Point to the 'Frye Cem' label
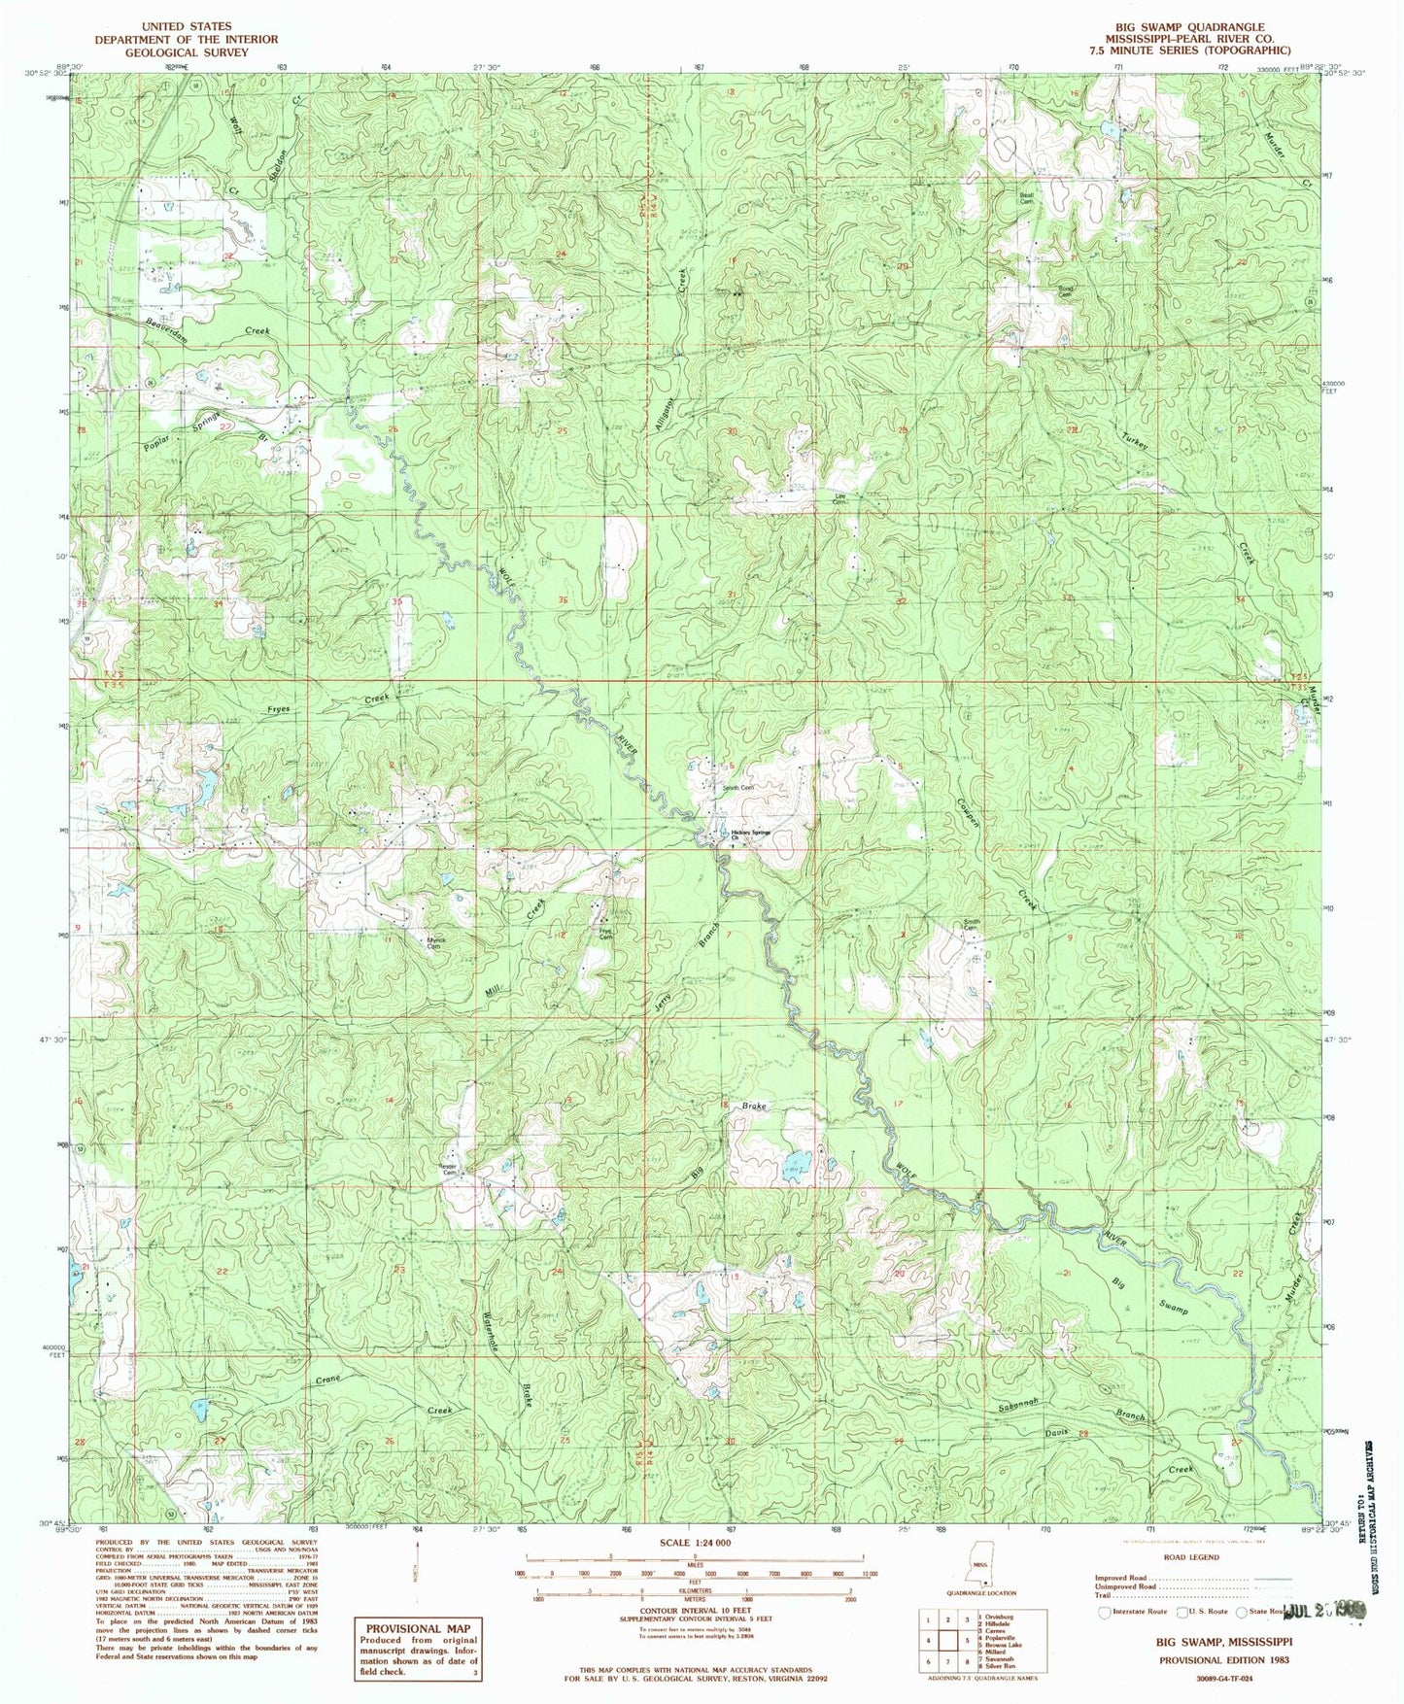pyautogui.click(x=605, y=935)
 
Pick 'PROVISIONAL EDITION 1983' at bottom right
pyautogui.click(x=1223, y=1660)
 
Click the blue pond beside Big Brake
pyautogui.click(x=799, y=1162)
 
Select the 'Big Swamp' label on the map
pyautogui.click(x=1150, y=1295)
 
